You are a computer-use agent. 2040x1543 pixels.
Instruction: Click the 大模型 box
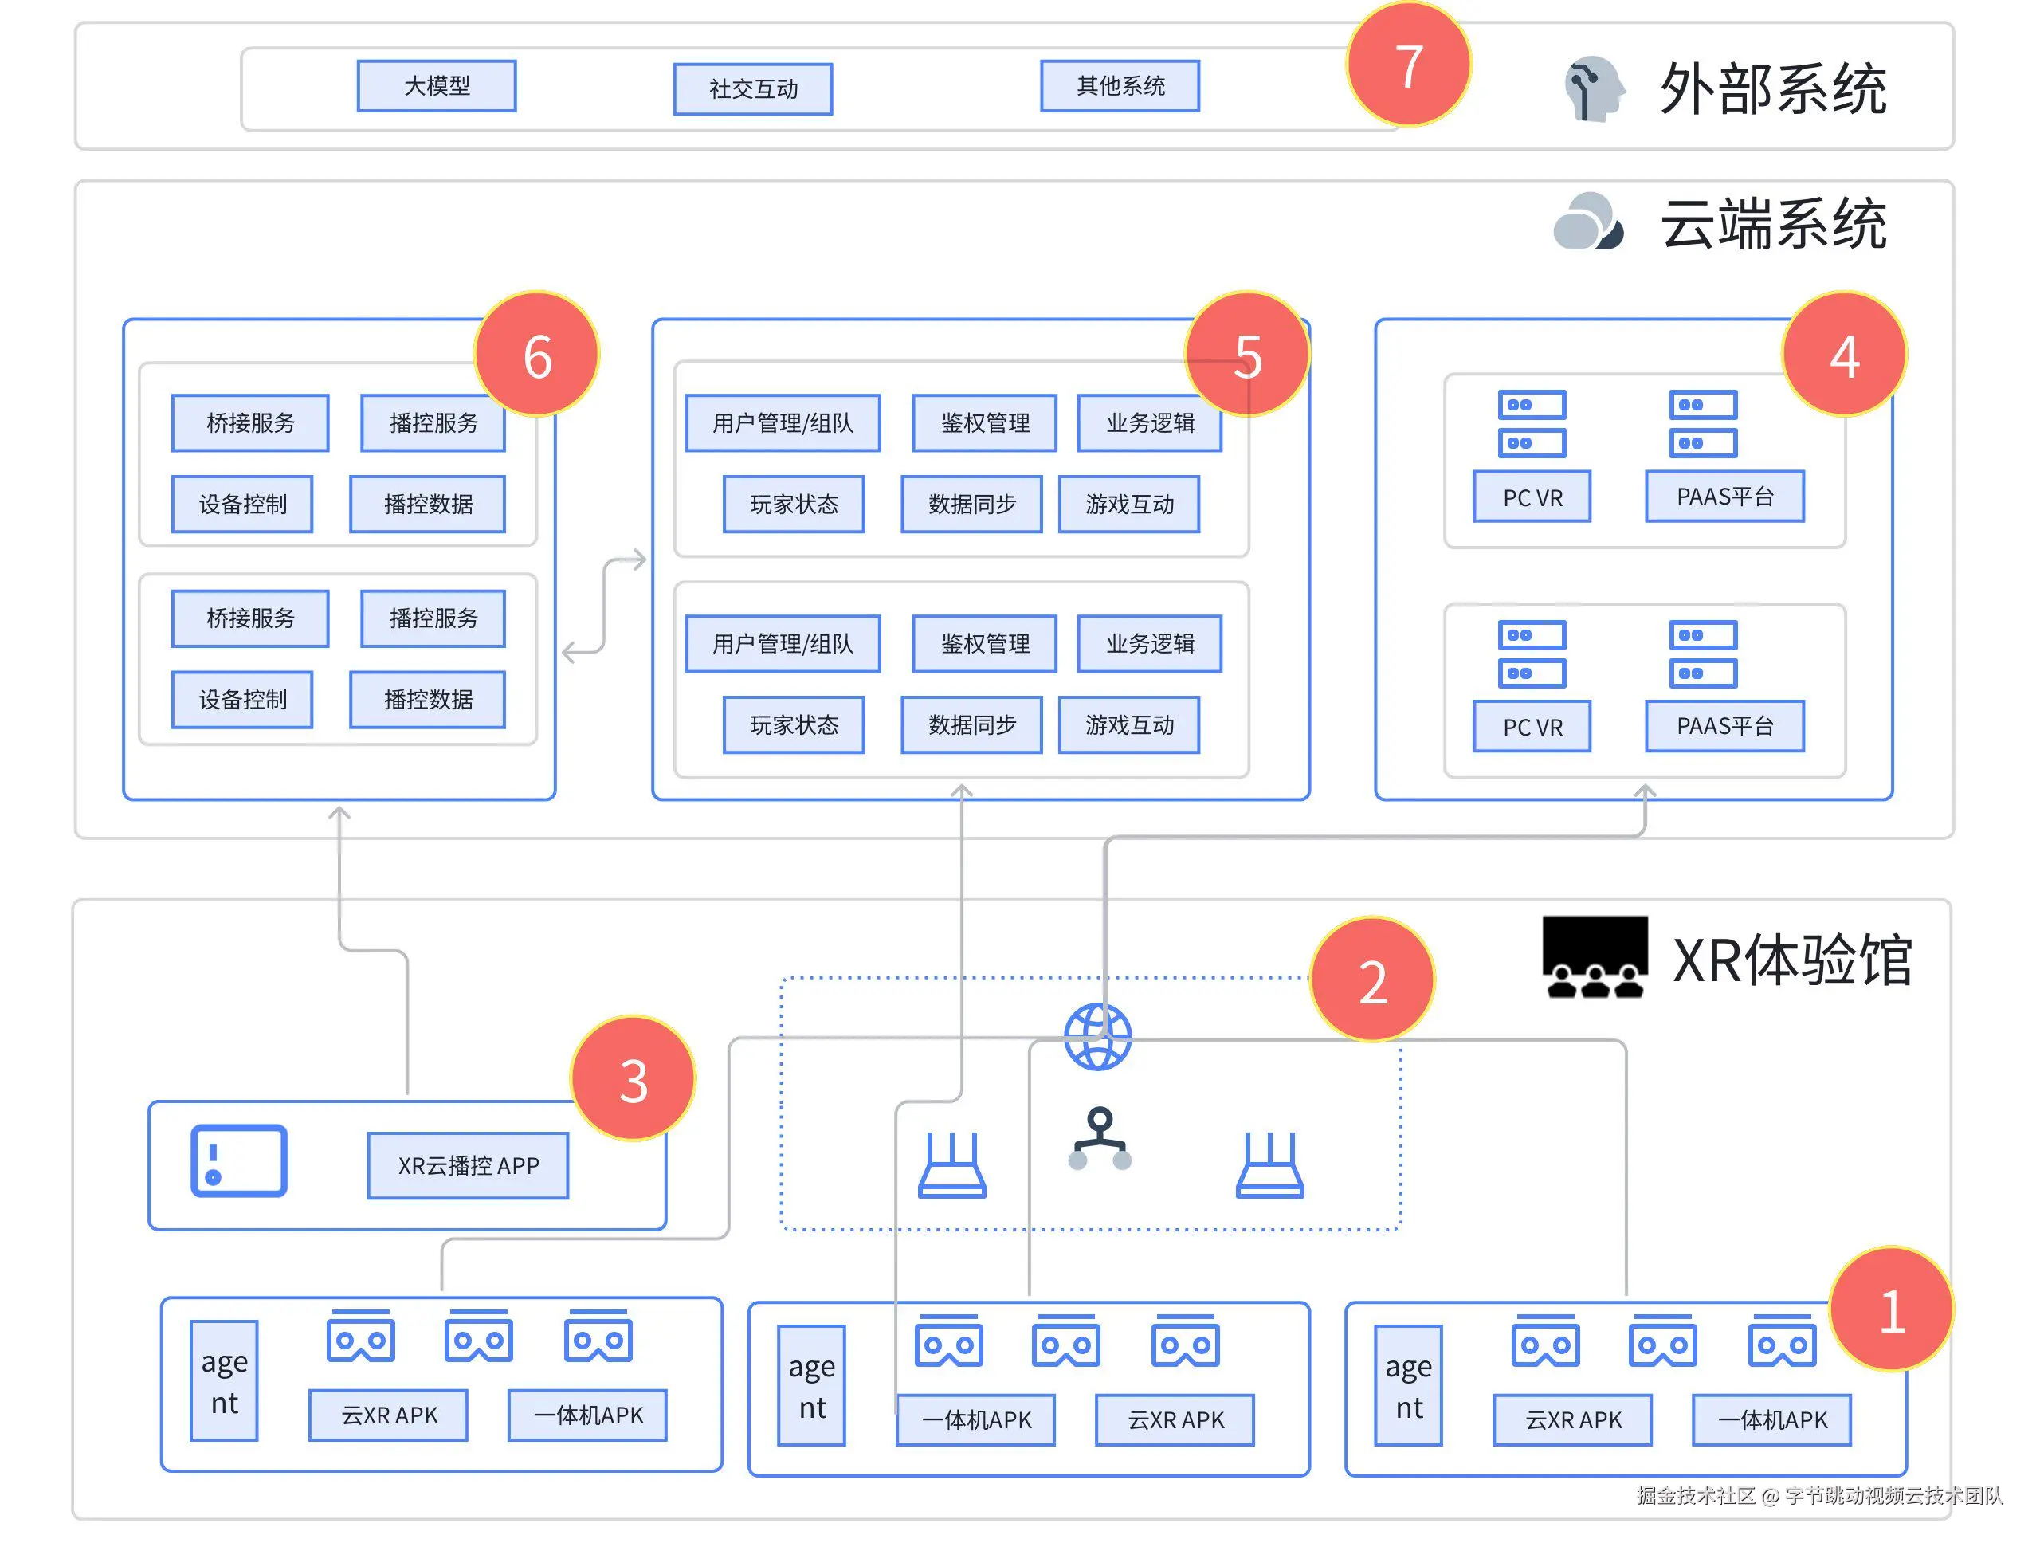[436, 86]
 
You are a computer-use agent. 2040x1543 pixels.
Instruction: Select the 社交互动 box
[752, 88]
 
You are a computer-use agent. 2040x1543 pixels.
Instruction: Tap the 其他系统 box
[1120, 86]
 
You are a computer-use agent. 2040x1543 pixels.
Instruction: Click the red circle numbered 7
[1408, 65]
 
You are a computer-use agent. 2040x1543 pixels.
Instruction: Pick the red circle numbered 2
[1372, 980]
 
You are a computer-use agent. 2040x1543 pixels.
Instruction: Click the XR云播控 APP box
[468, 1165]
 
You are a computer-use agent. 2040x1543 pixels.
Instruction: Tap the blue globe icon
[1097, 1037]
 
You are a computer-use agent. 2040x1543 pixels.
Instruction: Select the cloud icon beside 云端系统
[1587, 222]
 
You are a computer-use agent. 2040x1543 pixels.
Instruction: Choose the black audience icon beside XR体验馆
[1595, 956]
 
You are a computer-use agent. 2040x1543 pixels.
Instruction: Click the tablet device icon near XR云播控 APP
[239, 1160]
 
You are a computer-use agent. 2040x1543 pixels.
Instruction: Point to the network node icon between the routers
[1100, 1139]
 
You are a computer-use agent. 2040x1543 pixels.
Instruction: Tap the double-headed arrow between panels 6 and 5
[604, 606]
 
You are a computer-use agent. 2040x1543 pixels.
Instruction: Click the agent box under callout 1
[1407, 1385]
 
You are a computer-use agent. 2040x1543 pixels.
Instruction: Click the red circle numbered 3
[633, 1079]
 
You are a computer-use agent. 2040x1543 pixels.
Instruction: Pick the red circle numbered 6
[537, 355]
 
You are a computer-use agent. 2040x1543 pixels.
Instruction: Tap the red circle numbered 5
[1247, 355]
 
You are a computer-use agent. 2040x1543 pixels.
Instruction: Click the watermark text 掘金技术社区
[1695, 1495]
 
